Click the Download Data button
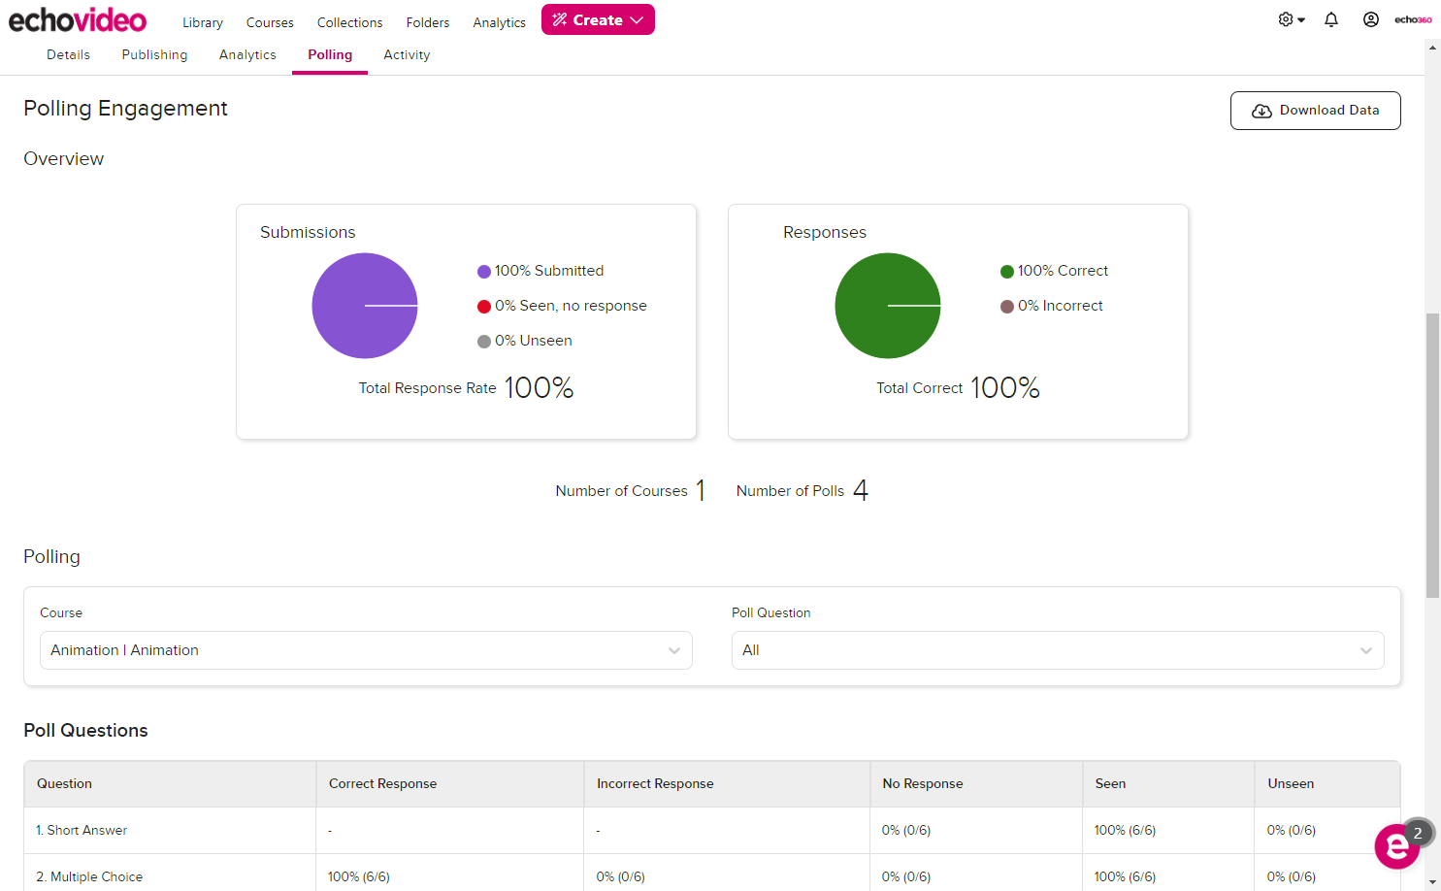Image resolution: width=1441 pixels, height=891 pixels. click(1315, 111)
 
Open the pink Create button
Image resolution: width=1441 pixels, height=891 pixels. click(598, 19)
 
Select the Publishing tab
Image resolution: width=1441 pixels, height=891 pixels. click(154, 55)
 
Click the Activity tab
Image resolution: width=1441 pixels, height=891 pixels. click(407, 55)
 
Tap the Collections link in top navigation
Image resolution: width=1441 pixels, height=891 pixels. click(349, 22)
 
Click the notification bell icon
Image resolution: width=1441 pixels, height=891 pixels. click(1331, 19)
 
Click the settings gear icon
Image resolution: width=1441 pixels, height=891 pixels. click(1286, 19)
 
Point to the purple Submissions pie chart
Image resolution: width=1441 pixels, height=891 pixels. click(365, 306)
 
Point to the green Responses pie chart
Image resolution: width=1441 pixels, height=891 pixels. click(888, 306)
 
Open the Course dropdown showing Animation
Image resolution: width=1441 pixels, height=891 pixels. click(366, 650)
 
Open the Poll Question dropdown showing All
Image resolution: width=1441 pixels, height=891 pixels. click(1057, 650)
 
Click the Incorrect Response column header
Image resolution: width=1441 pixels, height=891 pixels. click(655, 784)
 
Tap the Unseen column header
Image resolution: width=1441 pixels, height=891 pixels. click(1291, 784)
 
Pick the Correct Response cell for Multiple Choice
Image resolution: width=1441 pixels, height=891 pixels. click(359, 876)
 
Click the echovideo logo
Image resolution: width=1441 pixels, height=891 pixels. click(78, 19)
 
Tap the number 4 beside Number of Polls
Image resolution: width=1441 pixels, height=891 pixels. click(861, 490)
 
